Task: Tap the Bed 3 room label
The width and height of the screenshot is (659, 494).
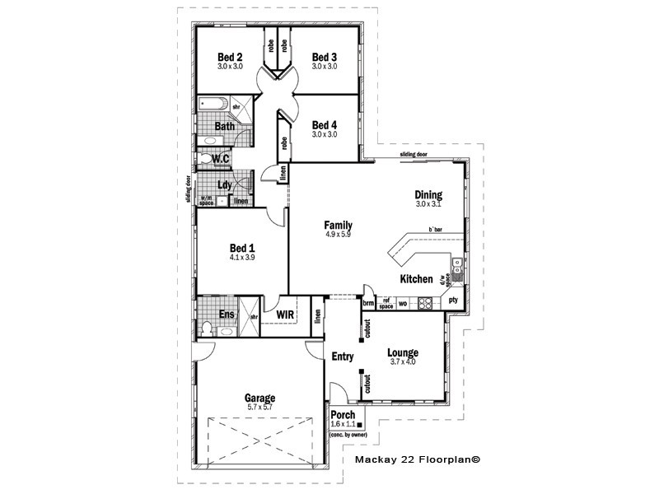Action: pyautogui.click(x=324, y=56)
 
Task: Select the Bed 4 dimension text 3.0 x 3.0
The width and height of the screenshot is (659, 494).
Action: pyautogui.click(x=324, y=134)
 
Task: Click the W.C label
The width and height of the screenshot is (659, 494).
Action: pyautogui.click(x=220, y=158)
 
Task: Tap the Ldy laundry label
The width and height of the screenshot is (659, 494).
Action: pyautogui.click(x=224, y=185)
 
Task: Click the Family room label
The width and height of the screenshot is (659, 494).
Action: pyautogui.click(x=338, y=225)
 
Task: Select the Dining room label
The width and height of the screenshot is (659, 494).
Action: pyautogui.click(x=428, y=195)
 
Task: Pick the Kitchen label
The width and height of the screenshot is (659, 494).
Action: pyautogui.click(x=416, y=279)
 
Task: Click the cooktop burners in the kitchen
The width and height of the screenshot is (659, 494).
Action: pyautogui.click(x=426, y=303)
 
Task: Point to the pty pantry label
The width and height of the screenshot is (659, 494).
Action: pyautogui.click(x=453, y=301)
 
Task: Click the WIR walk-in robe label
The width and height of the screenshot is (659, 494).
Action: pyautogui.click(x=285, y=315)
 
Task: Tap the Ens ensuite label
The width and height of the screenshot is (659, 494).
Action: pyautogui.click(x=227, y=315)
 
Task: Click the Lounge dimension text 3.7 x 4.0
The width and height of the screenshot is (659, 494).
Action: pyautogui.click(x=403, y=361)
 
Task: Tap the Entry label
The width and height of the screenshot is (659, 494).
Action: pyautogui.click(x=342, y=357)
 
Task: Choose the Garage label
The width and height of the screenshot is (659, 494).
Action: pyautogui.click(x=260, y=397)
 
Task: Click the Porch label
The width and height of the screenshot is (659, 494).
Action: pyautogui.click(x=343, y=414)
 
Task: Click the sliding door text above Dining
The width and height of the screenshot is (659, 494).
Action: pyautogui.click(x=414, y=154)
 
